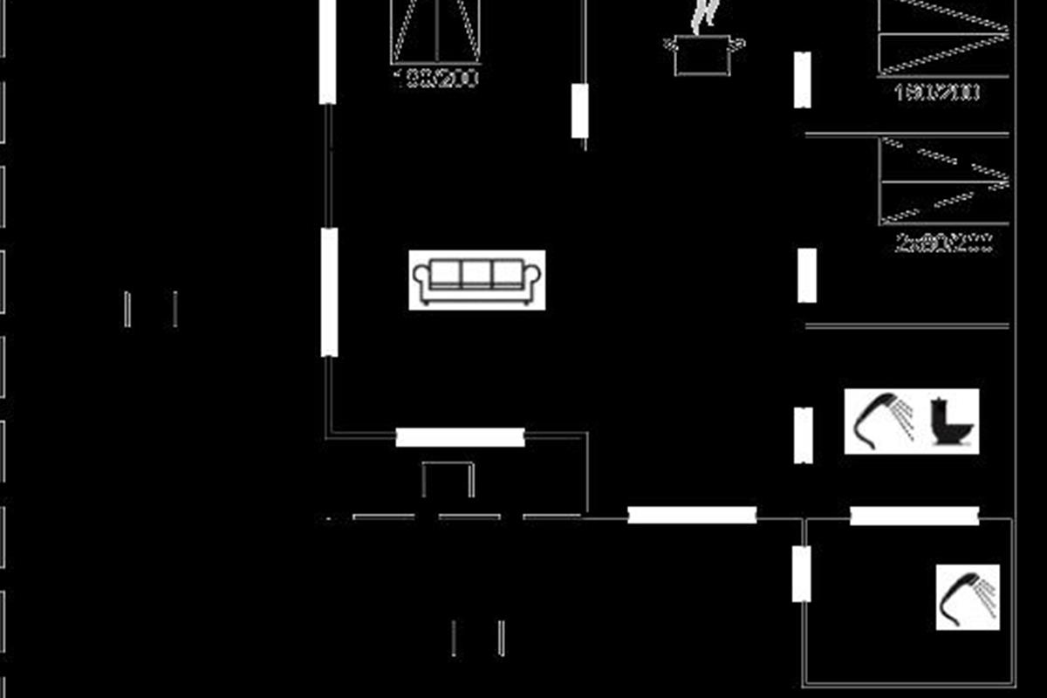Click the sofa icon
click(477, 279)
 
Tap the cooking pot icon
click(704, 54)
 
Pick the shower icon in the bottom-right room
click(967, 597)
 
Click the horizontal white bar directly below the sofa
click(460, 437)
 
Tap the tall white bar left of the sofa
click(329, 291)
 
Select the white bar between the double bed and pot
click(580, 111)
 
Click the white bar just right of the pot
click(803, 79)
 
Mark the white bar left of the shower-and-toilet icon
click(804, 435)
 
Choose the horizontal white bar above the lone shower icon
click(914, 516)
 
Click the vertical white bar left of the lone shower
click(802, 573)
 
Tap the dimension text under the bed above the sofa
click(436, 79)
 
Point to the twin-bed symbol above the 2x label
click(944, 181)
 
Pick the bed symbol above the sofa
click(435, 31)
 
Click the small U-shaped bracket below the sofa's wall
click(448, 478)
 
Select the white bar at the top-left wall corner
click(327, 51)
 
